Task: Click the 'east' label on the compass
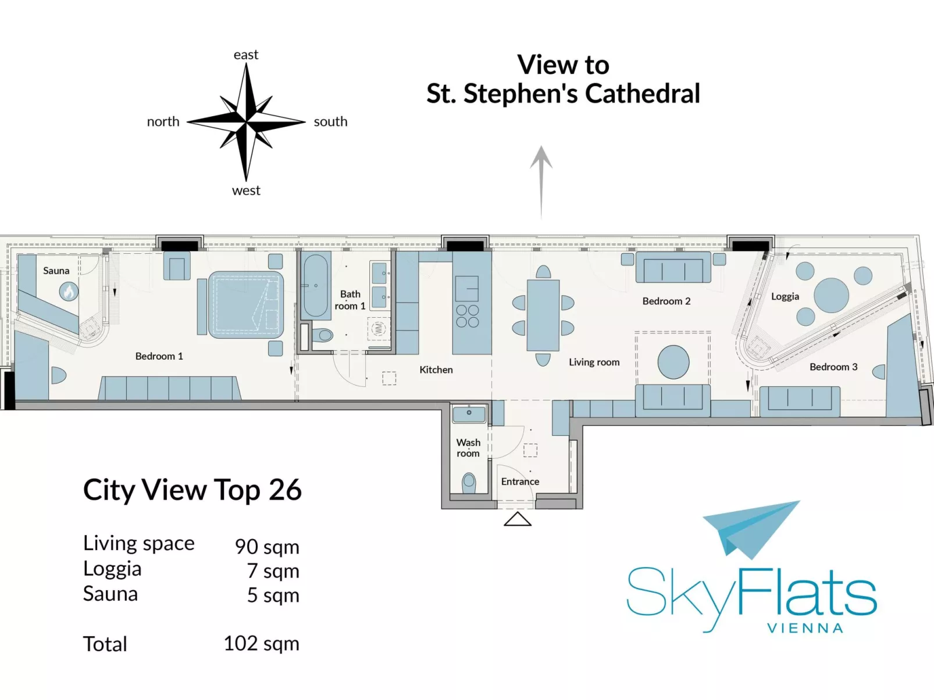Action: pos(245,55)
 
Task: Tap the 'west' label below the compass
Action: pos(246,191)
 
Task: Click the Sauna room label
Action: pos(56,271)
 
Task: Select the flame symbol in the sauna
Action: pos(69,291)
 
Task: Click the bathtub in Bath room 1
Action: pos(316,285)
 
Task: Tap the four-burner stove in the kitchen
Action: pos(468,316)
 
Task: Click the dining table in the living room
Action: pos(543,315)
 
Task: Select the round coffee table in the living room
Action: pos(673,362)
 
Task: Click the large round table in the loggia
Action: pos(831,295)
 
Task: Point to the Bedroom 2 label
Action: pos(666,301)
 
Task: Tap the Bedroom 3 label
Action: pos(833,367)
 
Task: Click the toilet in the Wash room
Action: pos(469,482)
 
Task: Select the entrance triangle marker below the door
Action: pos(518,519)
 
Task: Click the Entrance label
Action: pos(520,482)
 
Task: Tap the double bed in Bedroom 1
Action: pos(246,305)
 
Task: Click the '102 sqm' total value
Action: pos(261,644)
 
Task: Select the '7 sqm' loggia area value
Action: pos(273,571)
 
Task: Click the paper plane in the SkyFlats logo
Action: pos(750,527)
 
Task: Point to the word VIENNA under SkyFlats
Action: pos(805,629)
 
